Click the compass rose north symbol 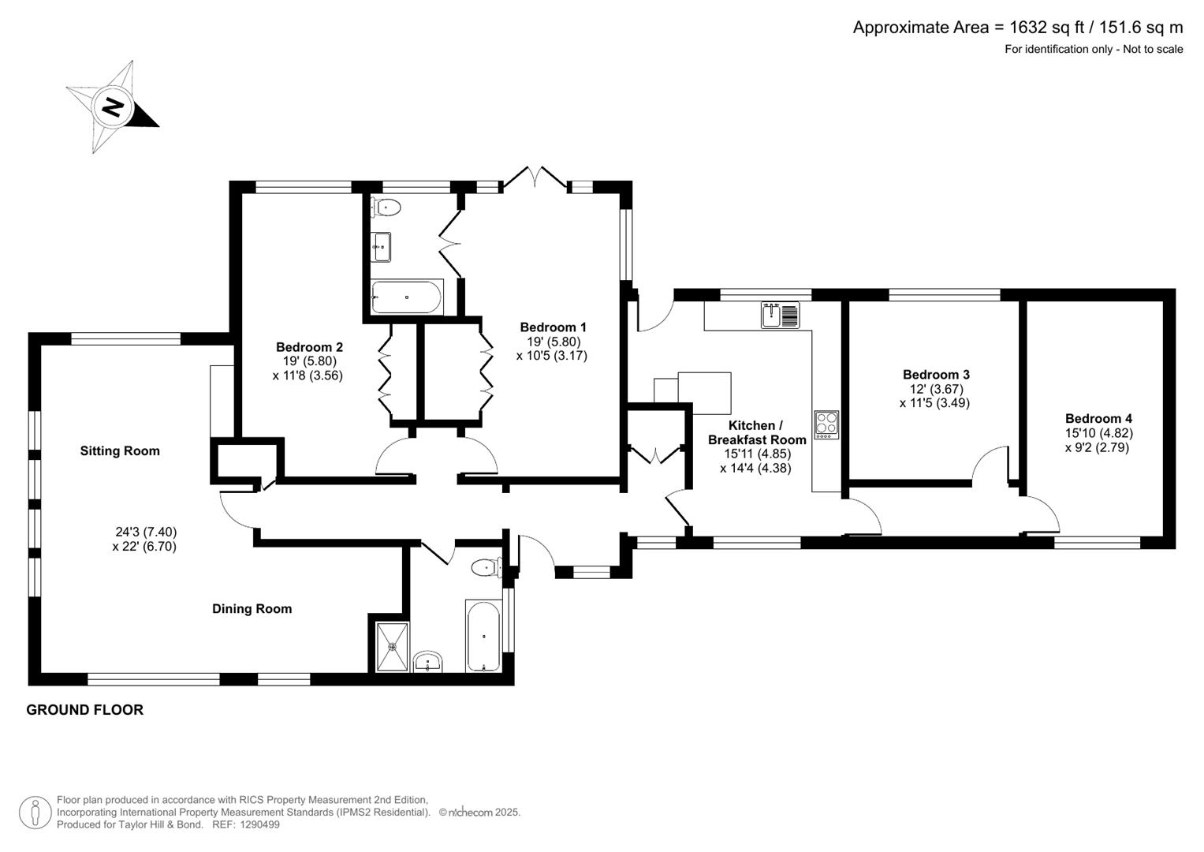click(113, 106)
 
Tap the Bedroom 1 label click(553, 327)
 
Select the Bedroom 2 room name click(309, 347)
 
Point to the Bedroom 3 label click(936, 375)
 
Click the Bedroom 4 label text click(1098, 419)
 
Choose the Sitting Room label click(120, 451)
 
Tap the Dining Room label click(252, 609)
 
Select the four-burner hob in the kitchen click(826, 424)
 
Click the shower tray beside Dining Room click(392, 647)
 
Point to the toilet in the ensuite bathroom click(386, 207)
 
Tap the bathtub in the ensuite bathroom click(406, 297)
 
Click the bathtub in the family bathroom click(483, 637)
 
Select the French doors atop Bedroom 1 click(535, 178)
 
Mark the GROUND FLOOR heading click(85, 710)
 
